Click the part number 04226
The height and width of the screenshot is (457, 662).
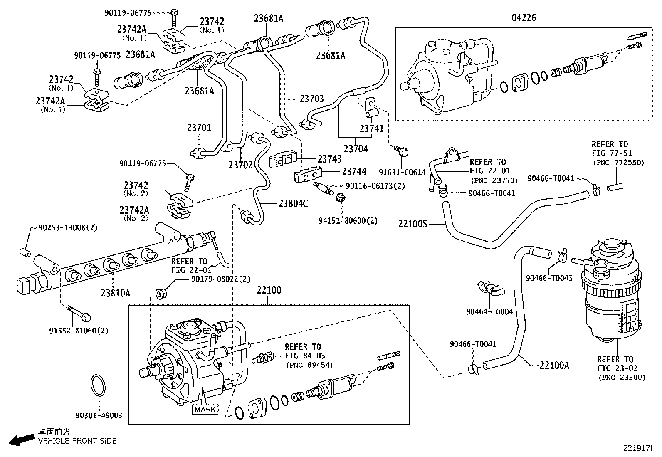(x=524, y=18)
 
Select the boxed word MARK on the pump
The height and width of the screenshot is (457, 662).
(x=205, y=409)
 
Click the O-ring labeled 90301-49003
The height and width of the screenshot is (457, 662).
(x=99, y=386)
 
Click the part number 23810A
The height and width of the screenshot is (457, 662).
(x=115, y=293)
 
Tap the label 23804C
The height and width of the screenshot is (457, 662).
(x=293, y=203)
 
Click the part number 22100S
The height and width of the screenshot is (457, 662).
(x=413, y=224)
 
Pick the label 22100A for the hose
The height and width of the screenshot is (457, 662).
(x=554, y=366)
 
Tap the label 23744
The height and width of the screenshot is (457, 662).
(x=354, y=171)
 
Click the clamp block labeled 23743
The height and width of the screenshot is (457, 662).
(x=283, y=160)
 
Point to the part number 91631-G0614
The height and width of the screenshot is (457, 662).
(x=403, y=172)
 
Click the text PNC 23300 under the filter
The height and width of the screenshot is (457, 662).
(x=622, y=378)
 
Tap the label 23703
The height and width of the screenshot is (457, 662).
(x=311, y=99)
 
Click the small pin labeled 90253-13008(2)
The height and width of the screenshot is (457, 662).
(x=24, y=252)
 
